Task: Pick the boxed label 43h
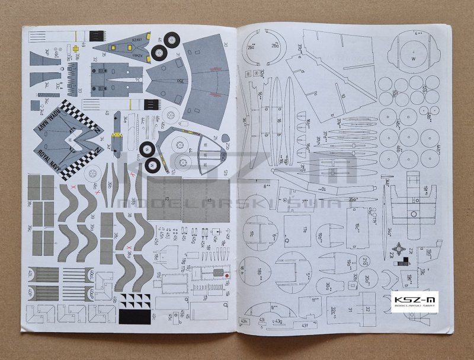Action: click(243, 321)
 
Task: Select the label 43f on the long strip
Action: click(305, 324)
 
